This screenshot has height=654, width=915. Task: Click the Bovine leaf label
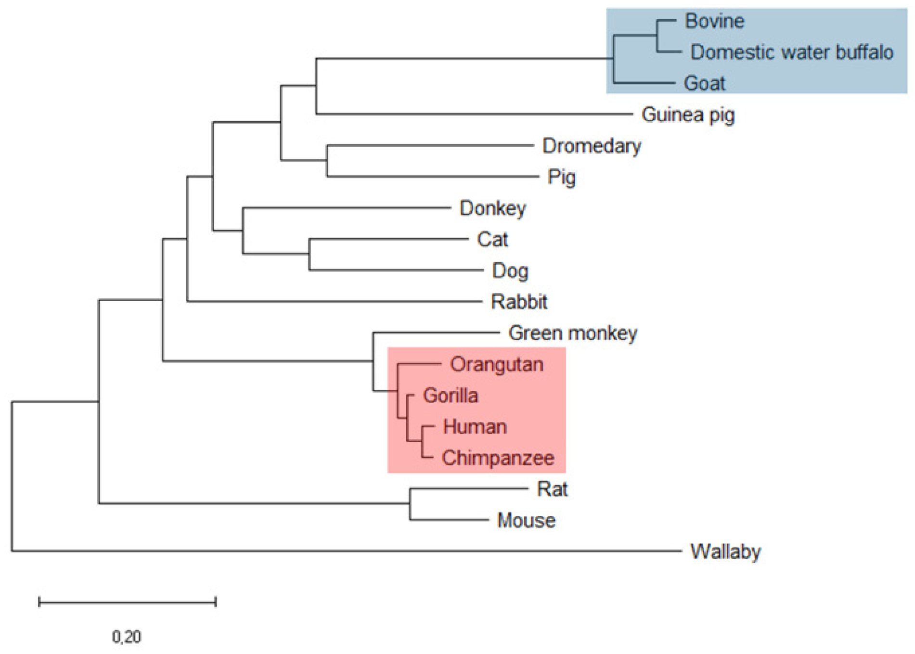[714, 21]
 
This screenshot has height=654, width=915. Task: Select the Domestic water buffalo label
[791, 52]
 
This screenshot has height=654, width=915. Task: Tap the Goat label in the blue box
[704, 83]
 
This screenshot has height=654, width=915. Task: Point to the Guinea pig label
[688, 115]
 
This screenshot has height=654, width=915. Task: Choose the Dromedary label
[592, 146]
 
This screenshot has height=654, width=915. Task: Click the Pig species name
[561, 177]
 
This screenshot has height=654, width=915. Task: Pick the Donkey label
[492, 208]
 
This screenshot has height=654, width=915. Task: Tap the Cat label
[492, 239]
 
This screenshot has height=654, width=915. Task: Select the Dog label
[510, 271]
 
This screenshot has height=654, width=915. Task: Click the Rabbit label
[519, 302]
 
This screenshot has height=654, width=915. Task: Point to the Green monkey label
[573, 333]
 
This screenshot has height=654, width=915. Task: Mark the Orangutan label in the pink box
[496, 364]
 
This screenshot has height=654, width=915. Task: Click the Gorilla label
[450, 396]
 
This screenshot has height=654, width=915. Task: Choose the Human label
[475, 427]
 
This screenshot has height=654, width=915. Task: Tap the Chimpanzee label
[498, 458]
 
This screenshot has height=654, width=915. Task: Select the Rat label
[552, 489]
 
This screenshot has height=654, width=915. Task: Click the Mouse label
[526, 520]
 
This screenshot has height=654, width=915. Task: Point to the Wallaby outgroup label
[725, 551]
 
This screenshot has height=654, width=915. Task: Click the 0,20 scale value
[127, 637]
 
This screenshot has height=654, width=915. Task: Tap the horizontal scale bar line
[127, 602]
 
